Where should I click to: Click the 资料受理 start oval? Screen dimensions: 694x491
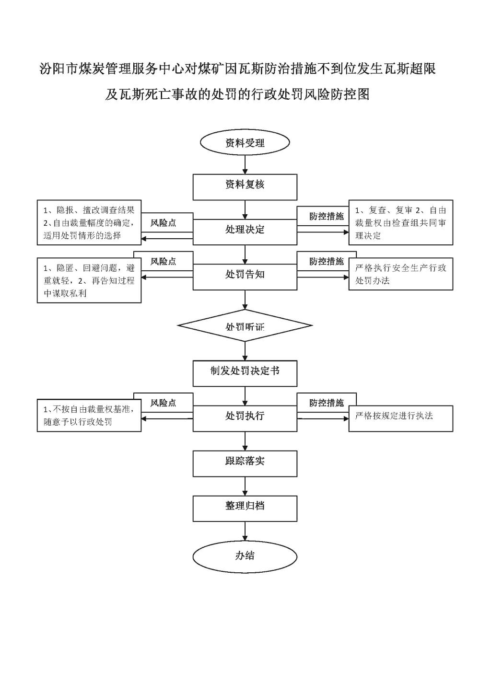(x=245, y=143)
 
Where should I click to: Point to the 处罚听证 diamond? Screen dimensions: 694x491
(x=245, y=326)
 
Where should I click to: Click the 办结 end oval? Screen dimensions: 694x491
(x=245, y=556)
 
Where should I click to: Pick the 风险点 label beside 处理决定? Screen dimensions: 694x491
(x=163, y=223)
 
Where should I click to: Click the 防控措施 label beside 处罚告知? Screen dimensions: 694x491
(x=327, y=262)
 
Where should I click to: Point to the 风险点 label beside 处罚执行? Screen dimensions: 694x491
(x=163, y=403)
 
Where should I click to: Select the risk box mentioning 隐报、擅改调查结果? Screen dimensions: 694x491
(x=89, y=222)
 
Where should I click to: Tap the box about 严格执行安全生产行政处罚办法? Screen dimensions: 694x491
(x=401, y=274)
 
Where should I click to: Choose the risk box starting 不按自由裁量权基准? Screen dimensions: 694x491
(x=89, y=416)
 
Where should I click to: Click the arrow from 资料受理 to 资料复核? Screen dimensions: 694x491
(x=245, y=164)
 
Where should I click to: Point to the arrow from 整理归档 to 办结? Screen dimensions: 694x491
(x=245, y=532)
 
